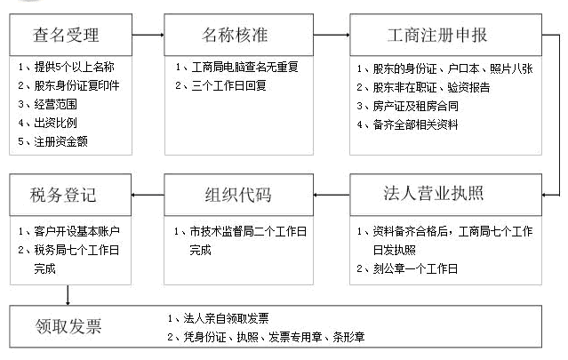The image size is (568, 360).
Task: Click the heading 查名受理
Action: pyautogui.click(x=66, y=36)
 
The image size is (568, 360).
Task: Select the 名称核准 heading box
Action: pyautogui.click(x=239, y=35)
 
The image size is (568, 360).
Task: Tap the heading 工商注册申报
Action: pyautogui.click(x=437, y=36)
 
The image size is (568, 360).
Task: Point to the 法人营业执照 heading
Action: pyautogui.click(x=434, y=193)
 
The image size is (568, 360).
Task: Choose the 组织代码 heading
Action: pyautogui.click(x=238, y=195)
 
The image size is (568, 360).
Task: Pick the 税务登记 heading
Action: pyautogui.click(x=63, y=195)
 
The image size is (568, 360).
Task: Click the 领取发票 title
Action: pyautogui.click(x=68, y=326)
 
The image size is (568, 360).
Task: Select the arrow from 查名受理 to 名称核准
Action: pyautogui.click(x=148, y=35)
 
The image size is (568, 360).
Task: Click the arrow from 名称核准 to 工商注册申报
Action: pyautogui.click(x=332, y=35)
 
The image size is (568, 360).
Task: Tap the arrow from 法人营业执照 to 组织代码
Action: pyautogui.click(x=332, y=195)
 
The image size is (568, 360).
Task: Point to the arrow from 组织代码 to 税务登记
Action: pyautogui.click(x=148, y=195)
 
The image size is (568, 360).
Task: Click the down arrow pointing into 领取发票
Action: pyautogui.click(x=68, y=295)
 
